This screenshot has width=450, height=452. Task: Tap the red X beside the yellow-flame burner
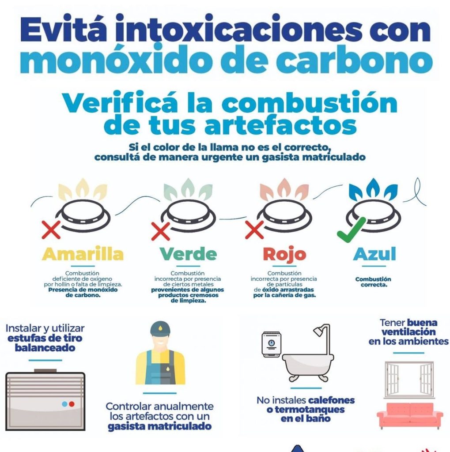[51, 230]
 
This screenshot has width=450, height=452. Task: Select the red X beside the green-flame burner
[161, 231]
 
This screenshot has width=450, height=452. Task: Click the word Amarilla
[83, 254]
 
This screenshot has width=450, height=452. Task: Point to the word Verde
[188, 254]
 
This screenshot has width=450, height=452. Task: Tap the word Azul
[374, 254]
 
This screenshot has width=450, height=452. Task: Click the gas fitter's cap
[160, 329]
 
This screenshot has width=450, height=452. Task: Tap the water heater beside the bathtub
[271, 344]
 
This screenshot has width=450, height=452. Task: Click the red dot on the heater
[72, 404]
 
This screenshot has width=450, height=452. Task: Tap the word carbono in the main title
[354, 60]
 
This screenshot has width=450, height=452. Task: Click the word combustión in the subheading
[309, 103]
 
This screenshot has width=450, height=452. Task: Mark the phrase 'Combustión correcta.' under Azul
[373, 282]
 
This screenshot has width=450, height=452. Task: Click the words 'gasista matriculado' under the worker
[159, 426]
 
